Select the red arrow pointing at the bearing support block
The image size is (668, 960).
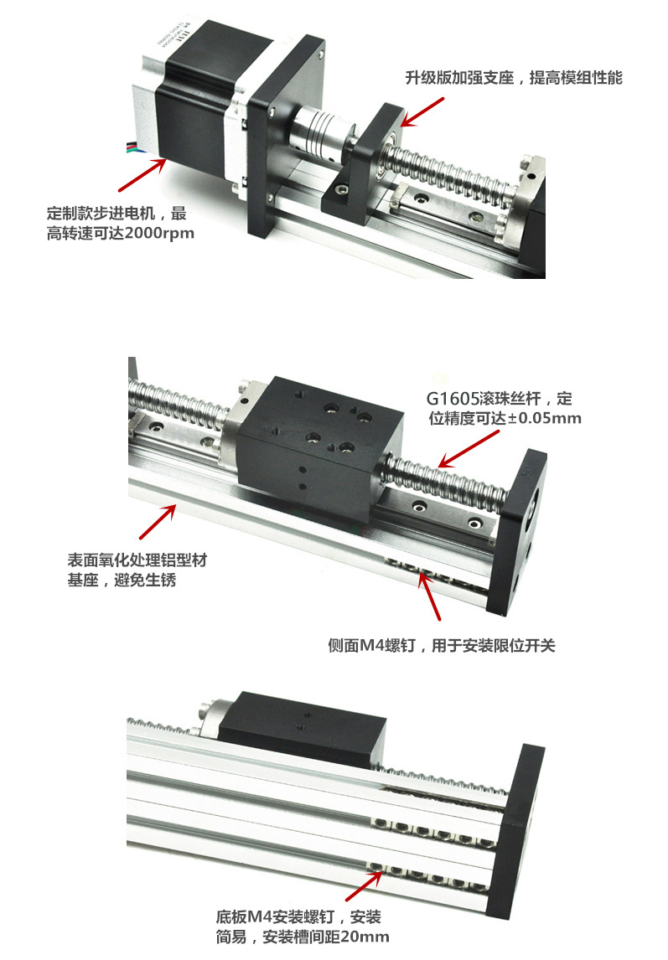coord(422,111)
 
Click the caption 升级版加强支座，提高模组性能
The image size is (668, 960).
coord(514,78)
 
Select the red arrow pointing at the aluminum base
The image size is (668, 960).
coord(157,521)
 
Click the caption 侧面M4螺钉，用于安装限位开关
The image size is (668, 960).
coord(441,646)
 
